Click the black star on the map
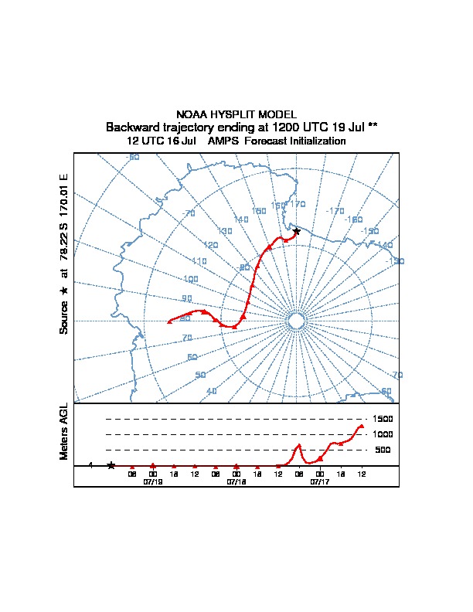tap(297, 231)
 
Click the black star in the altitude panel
tap(111, 465)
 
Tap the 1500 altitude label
tap(383, 419)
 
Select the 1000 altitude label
tap(383, 434)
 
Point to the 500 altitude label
tap(383, 450)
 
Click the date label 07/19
tap(153, 481)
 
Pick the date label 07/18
tap(236, 481)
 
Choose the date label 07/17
tap(320, 481)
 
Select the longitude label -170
tap(335, 211)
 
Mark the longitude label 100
tap(191, 279)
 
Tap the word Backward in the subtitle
tap(131, 127)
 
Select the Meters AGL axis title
tap(64, 431)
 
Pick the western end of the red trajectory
tap(169, 321)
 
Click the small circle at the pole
tap(296, 321)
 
